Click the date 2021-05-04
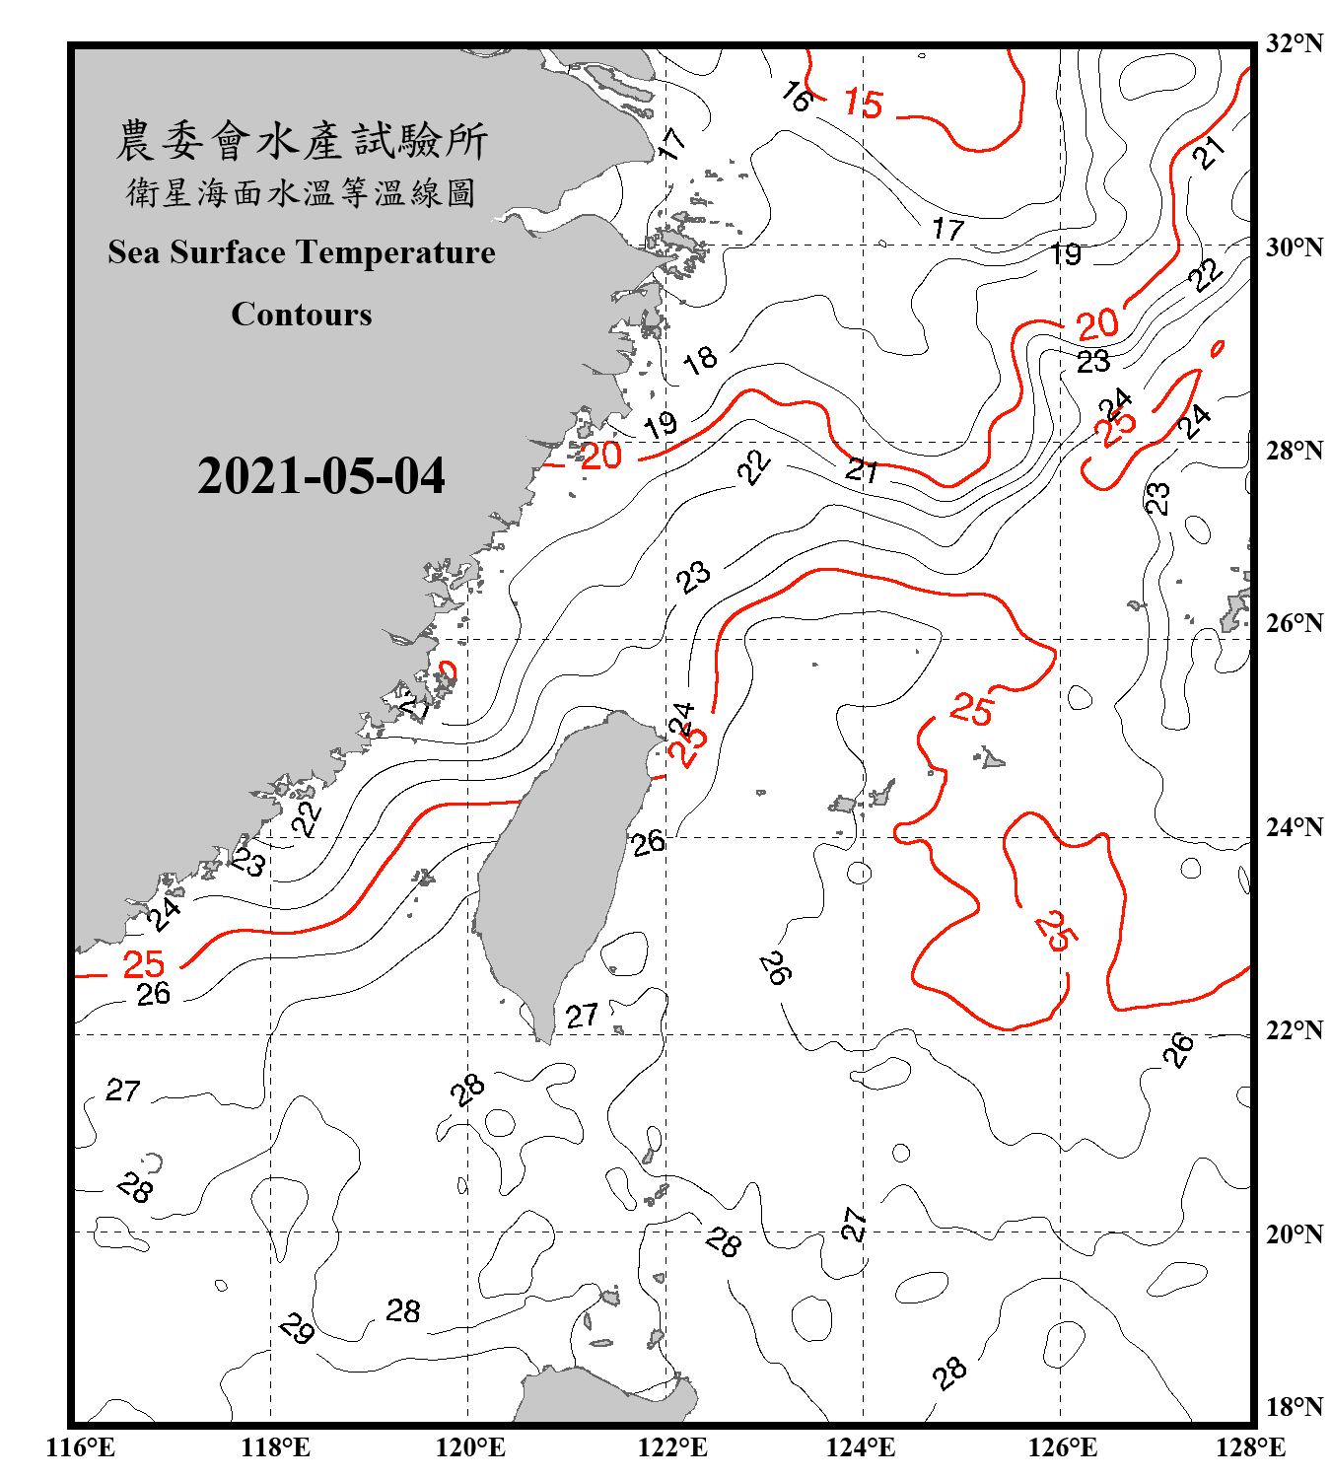[320, 476]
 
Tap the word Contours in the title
[302, 315]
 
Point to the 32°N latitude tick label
[1294, 43]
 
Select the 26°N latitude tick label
[1294, 623]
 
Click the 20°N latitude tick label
[1294, 1233]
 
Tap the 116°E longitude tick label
[80, 1447]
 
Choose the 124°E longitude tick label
[861, 1447]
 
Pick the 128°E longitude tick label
[1250, 1447]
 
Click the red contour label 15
[864, 104]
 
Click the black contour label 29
[297, 1328]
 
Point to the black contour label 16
[797, 97]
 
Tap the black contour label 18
[700, 360]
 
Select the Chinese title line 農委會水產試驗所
[302, 141]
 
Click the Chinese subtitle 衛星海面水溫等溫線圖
[301, 193]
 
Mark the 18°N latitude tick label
[1294, 1407]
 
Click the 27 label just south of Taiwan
[582, 1016]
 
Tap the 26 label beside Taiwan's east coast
[648, 843]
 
